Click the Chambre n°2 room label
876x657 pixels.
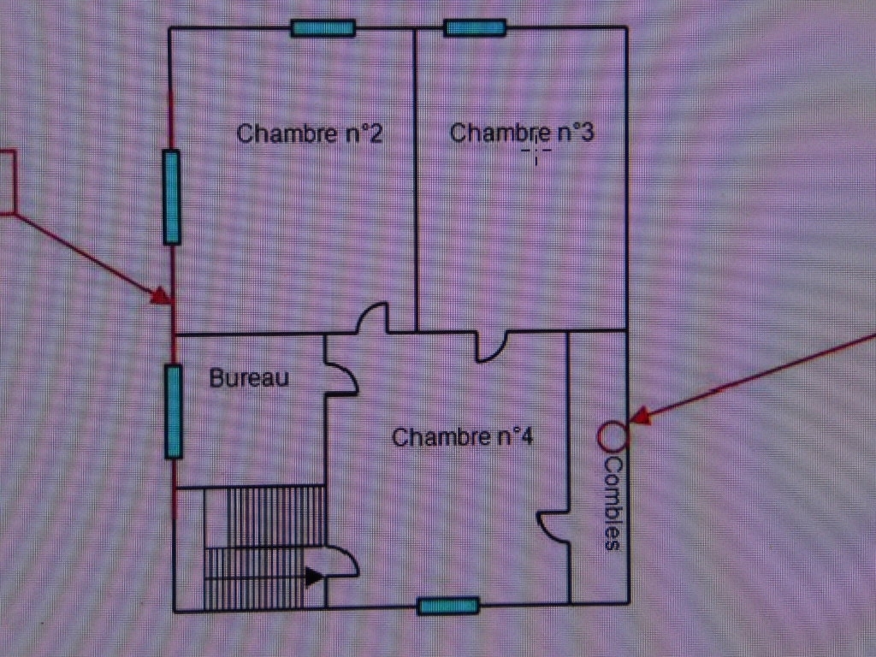click(x=310, y=133)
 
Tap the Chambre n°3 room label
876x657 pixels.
click(x=522, y=133)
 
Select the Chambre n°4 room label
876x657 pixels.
click(x=463, y=437)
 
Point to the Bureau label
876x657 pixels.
click(x=249, y=377)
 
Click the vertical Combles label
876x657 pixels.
click(x=613, y=504)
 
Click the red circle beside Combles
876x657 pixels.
click(x=613, y=435)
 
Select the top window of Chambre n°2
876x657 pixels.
click(x=323, y=28)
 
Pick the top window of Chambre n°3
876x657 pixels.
click(x=475, y=27)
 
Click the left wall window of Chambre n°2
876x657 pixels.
click(x=172, y=198)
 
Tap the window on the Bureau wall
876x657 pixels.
click(x=174, y=411)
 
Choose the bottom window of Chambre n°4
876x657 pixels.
click(x=448, y=606)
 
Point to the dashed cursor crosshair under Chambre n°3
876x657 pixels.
click(x=536, y=151)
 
